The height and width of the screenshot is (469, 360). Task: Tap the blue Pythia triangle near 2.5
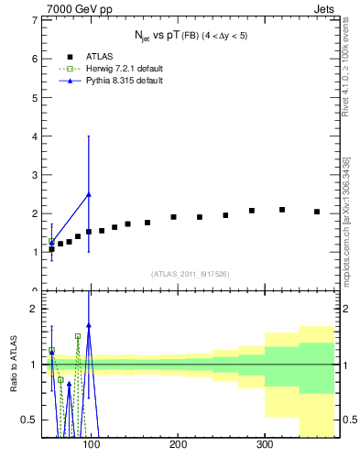point(88,194)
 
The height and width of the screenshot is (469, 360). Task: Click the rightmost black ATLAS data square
point(317,212)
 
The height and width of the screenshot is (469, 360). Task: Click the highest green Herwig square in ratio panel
point(78,336)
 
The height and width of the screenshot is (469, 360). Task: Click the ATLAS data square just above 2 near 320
point(282,210)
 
